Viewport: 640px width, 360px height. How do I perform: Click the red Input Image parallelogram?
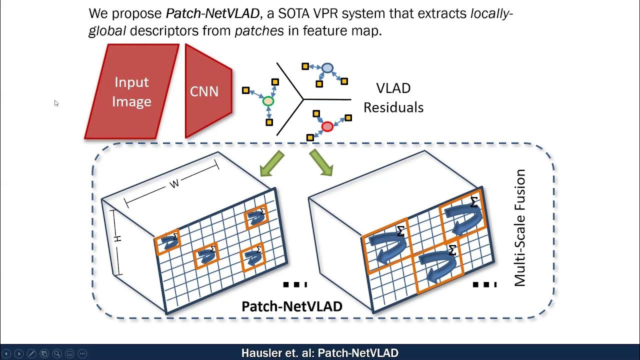[131, 91]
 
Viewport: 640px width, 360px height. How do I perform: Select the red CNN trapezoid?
[207, 91]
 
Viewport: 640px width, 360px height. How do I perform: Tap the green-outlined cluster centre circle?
[268, 101]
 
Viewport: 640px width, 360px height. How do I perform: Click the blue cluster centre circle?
[327, 68]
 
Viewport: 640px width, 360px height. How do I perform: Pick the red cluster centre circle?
[327, 126]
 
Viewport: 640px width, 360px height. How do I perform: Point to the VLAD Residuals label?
[393, 98]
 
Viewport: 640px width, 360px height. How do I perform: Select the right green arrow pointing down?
[321, 163]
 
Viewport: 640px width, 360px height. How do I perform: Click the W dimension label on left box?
[174, 184]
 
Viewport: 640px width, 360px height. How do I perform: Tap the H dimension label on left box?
[118, 239]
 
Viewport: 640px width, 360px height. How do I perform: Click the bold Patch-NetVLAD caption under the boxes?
[291, 306]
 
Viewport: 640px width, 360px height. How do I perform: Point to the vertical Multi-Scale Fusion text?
[520, 227]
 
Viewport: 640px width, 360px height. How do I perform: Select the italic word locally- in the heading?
[491, 13]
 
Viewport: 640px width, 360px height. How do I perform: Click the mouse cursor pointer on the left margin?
[56, 103]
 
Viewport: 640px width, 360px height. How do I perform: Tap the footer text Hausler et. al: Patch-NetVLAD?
[319, 353]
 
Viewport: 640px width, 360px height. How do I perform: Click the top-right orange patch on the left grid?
[256, 216]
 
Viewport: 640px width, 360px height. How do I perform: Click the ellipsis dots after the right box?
[484, 284]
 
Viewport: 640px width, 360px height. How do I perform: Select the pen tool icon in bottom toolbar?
[31, 353]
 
